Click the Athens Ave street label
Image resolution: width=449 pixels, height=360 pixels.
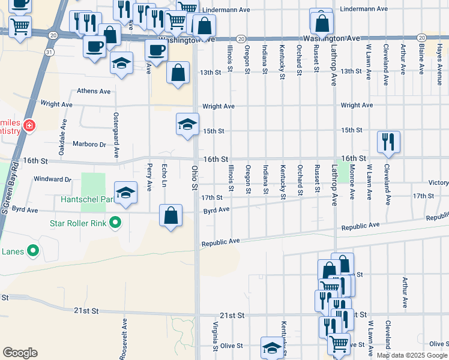coord(94,91)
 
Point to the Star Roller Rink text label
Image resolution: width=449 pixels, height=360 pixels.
coord(79,224)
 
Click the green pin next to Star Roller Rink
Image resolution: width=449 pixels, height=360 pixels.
coord(115,224)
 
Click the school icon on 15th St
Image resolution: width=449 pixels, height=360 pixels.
coord(187,125)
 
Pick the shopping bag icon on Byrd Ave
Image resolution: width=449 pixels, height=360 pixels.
coord(171,216)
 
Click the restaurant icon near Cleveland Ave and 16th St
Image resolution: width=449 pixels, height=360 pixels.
coord(388,142)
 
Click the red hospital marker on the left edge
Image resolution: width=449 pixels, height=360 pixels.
coord(28,126)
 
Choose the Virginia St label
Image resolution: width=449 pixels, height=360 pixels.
coord(215,337)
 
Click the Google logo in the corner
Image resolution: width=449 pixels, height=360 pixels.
coord(20,353)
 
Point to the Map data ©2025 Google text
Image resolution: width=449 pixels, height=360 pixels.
coord(411,355)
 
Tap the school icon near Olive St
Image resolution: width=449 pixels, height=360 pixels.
coord(272,347)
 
